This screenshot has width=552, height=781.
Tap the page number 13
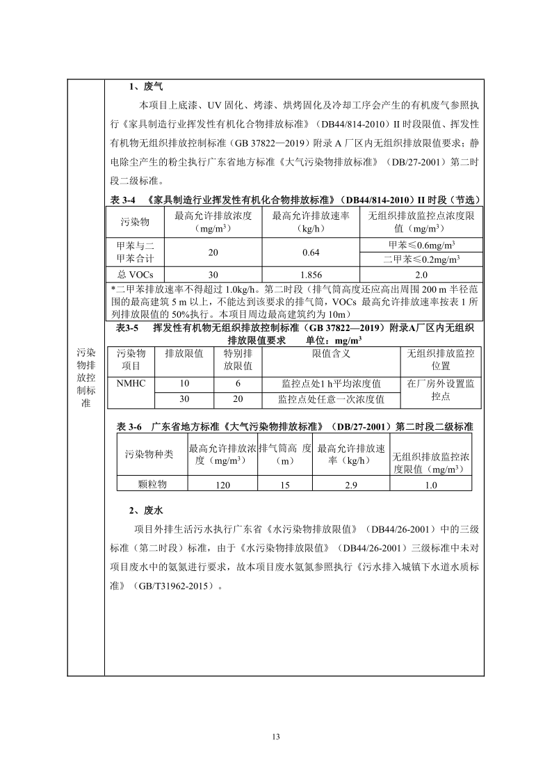click(x=276, y=736)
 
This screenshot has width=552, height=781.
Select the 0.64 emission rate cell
click(x=309, y=252)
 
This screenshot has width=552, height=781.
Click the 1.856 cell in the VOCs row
click(x=309, y=274)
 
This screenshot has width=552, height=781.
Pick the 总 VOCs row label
click(x=136, y=274)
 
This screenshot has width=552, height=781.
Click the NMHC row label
click(x=131, y=383)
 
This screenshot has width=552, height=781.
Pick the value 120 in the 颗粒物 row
click(x=222, y=485)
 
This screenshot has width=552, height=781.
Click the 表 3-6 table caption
click(x=294, y=426)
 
